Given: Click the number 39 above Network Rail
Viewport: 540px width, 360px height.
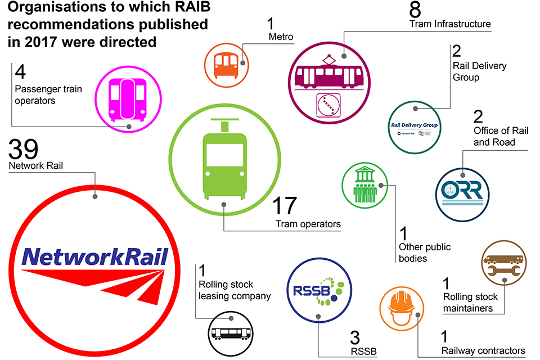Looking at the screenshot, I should (x=24, y=150).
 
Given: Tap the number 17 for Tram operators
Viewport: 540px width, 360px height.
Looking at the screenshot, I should (x=283, y=206).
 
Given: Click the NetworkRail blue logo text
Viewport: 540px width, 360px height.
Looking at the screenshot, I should (x=95, y=258).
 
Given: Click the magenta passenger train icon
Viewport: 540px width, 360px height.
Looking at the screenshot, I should (x=128, y=100).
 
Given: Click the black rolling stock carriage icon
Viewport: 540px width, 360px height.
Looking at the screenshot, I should (x=232, y=332).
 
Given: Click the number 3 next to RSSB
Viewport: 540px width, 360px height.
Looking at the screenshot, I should (x=355, y=338).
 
